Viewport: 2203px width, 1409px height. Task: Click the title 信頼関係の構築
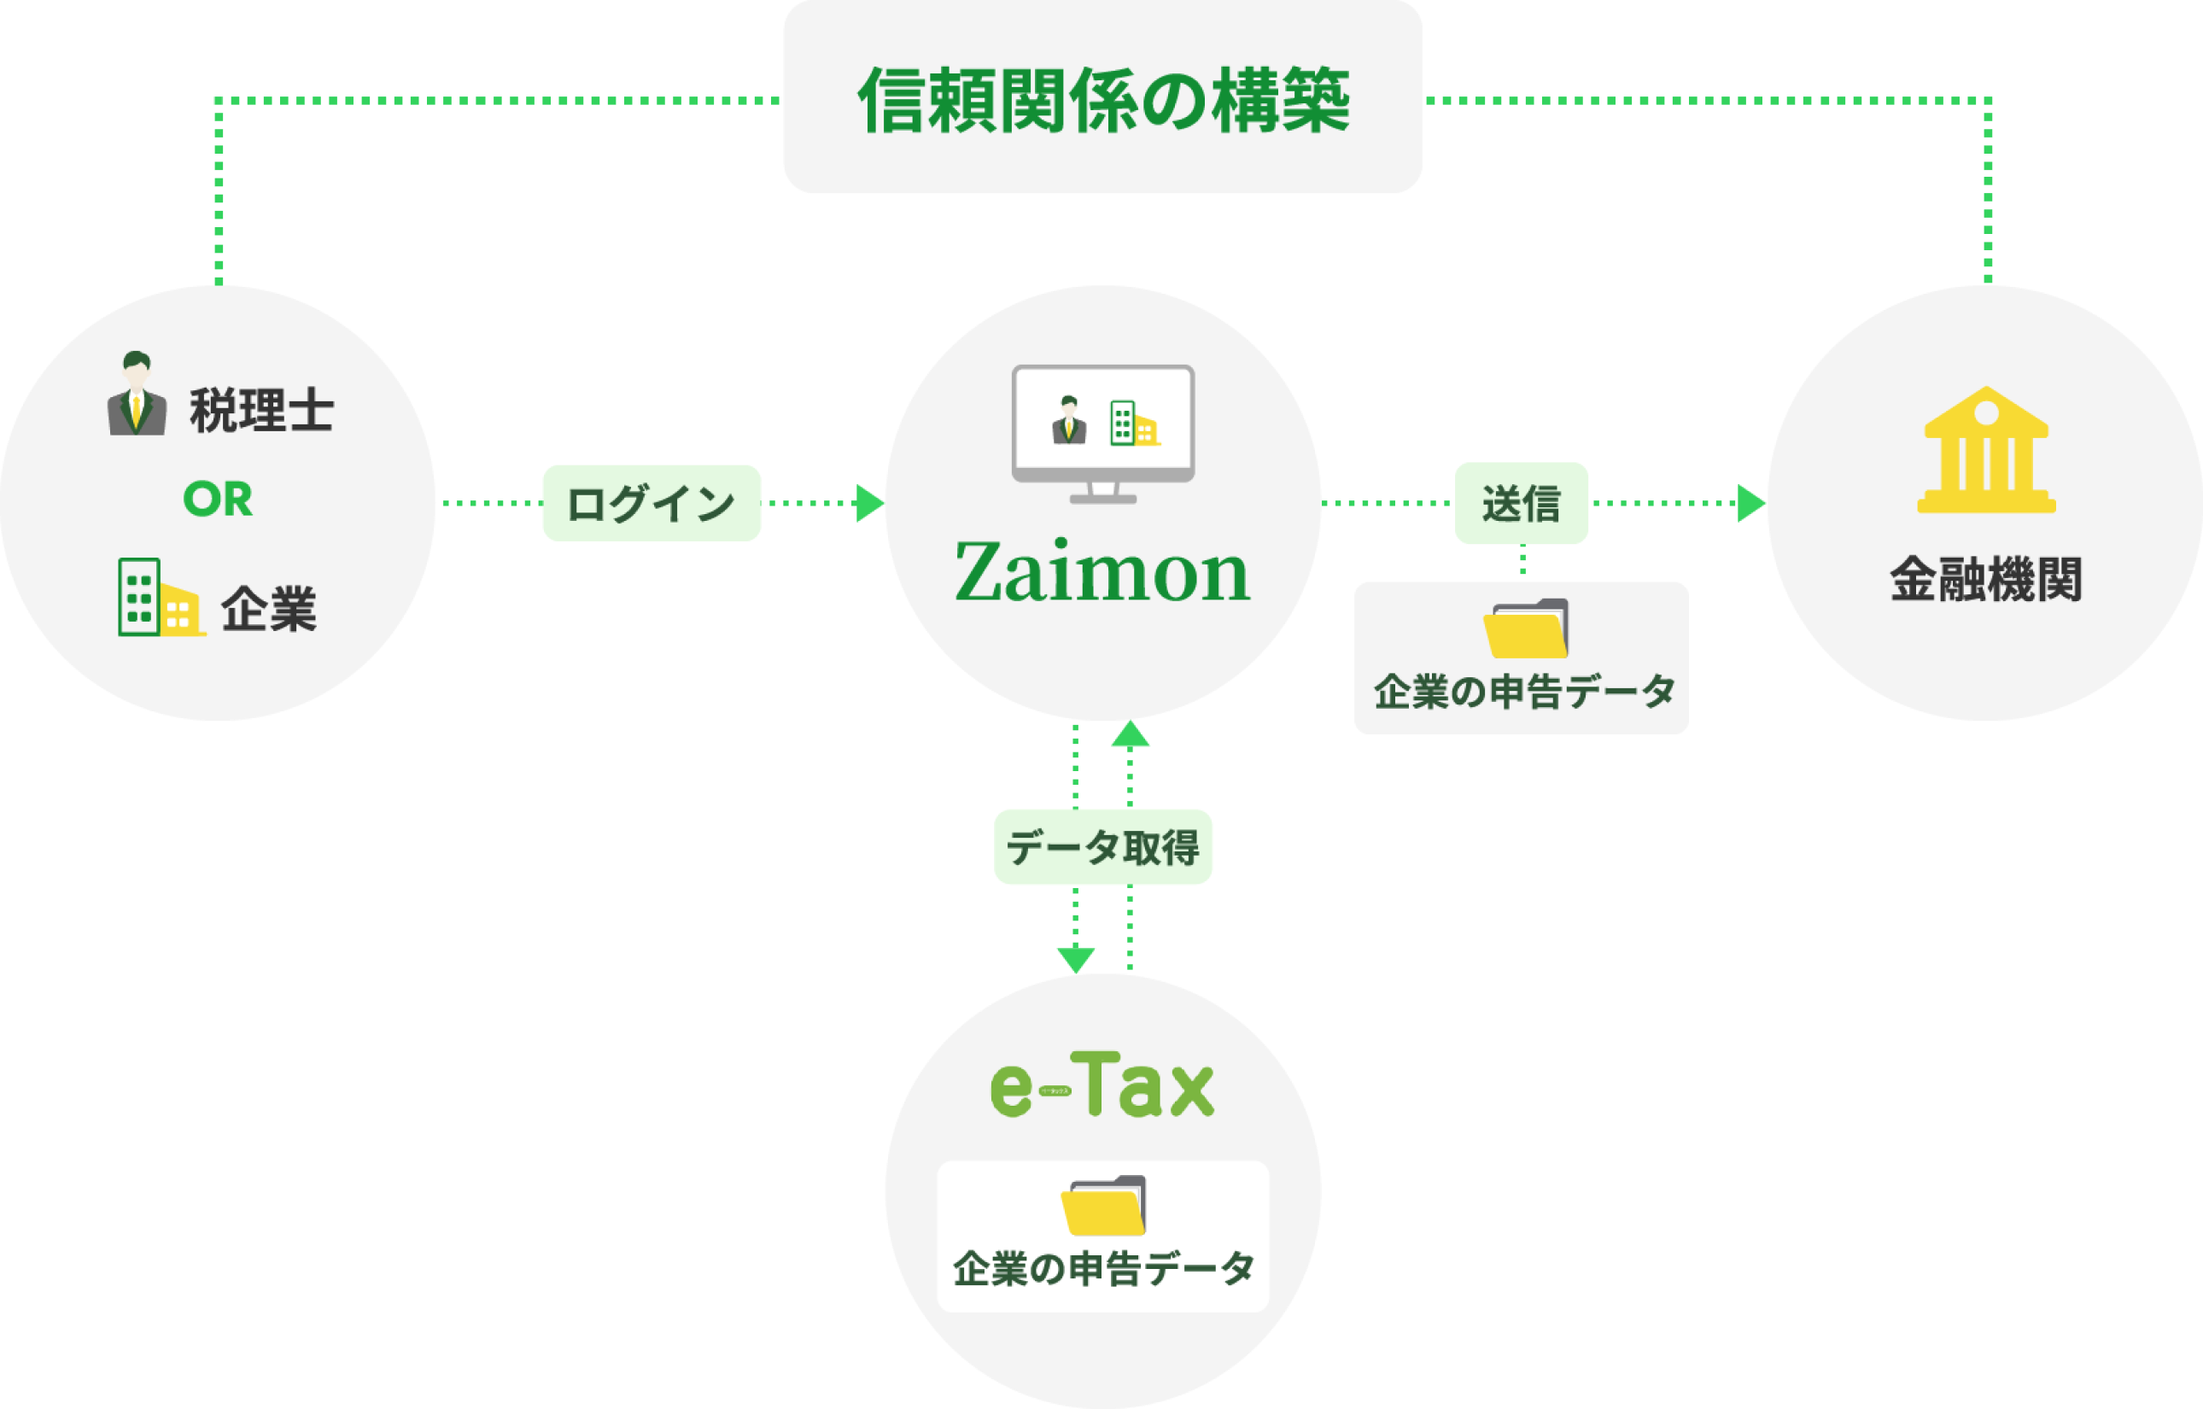coord(1102,99)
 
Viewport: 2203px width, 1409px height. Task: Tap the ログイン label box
coord(652,503)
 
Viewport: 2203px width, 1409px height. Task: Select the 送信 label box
coord(1522,503)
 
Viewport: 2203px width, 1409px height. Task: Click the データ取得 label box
coord(1102,847)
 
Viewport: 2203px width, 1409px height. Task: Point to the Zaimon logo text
coord(1102,573)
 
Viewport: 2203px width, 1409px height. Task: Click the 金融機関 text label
coord(1986,579)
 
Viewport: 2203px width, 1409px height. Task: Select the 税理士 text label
coord(261,411)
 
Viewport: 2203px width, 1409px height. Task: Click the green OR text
coord(218,500)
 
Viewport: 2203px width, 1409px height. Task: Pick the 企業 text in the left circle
coord(269,608)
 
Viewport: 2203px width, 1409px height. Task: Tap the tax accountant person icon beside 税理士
coord(137,395)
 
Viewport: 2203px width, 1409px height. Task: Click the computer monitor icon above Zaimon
coord(1102,433)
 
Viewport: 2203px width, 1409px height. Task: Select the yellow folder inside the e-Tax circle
coord(1103,1205)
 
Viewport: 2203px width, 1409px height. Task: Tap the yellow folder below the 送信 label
coord(1525,628)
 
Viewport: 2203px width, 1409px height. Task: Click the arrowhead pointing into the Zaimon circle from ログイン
coord(869,503)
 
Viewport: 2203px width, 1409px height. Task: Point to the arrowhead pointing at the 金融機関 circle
coord(1751,503)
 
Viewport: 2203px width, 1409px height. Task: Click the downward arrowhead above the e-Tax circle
coord(1076,960)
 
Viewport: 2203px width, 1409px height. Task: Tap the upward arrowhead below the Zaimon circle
coord(1131,735)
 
